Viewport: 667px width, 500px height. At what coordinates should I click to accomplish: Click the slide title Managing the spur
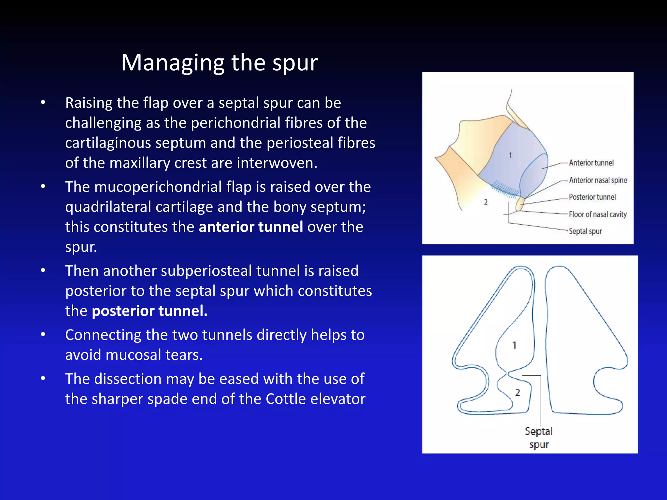[219, 62]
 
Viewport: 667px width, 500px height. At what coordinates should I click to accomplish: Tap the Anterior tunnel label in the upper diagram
[591, 163]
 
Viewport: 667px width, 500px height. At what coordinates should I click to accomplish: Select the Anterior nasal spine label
[598, 180]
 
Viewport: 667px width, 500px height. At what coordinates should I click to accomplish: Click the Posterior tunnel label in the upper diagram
[592, 197]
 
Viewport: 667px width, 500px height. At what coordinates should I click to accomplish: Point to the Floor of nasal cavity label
[598, 214]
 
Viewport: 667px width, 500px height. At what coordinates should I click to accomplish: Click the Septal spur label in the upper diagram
[585, 231]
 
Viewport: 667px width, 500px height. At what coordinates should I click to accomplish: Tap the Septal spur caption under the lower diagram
[539, 437]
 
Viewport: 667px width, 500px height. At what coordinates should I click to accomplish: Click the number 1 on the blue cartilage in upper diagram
[510, 155]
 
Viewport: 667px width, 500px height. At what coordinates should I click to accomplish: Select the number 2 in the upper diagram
[486, 202]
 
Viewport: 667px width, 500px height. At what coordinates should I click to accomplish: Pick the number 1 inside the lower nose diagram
[514, 345]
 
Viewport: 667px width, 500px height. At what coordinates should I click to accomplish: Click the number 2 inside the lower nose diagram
[518, 393]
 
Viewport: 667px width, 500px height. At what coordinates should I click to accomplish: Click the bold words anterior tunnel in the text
[251, 227]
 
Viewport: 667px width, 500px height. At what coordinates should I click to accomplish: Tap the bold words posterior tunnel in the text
[149, 311]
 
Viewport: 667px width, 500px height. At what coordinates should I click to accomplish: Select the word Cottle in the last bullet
[286, 399]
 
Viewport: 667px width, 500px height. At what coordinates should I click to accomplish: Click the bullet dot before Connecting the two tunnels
[43, 335]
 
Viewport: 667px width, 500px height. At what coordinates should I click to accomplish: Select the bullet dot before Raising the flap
[43, 103]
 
